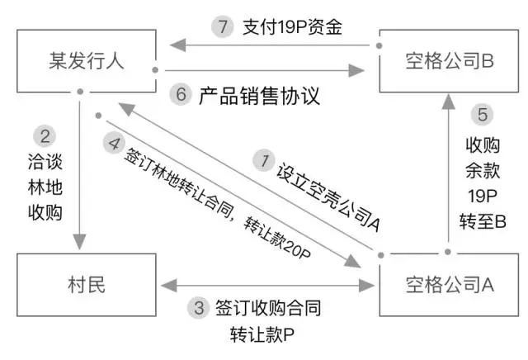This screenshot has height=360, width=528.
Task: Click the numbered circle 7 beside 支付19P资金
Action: coord(222,26)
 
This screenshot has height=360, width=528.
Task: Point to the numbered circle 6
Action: coord(181,94)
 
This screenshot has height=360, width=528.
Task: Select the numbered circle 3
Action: coord(197,310)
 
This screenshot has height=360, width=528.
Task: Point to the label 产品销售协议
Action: coord(258,95)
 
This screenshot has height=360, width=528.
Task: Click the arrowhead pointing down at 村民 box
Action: coord(81,244)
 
